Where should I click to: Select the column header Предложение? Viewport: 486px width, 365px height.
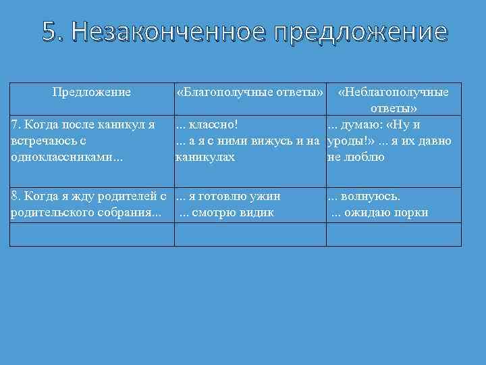pyautogui.click(x=92, y=91)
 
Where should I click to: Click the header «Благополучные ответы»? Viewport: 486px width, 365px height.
pyautogui.click(x=249, y=91)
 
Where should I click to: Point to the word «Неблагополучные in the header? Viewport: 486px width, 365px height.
pyautogui.click(x=394, y=91)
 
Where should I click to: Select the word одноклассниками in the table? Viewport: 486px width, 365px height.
pyautogui.click(x=53, y=157)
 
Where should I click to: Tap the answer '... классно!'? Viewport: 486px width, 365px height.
pyautogui.click(x=207, y=124)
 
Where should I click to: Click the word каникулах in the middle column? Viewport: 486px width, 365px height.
pyautogui.click(x=205, y=157)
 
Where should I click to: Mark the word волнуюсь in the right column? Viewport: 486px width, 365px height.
pyautogui.click(x=371, y=197)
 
